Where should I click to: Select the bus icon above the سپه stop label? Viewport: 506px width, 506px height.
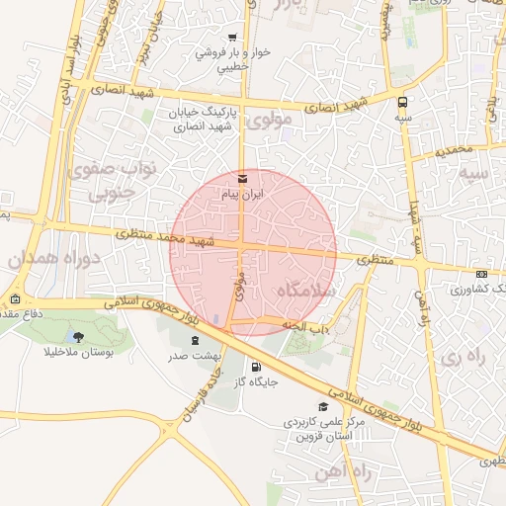401,102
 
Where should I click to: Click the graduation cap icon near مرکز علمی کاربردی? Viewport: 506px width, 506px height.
322,406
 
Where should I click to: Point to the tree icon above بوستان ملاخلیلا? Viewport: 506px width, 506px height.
78,336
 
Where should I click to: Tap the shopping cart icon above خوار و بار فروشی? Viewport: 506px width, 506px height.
232,38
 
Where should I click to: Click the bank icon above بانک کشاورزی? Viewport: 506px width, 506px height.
481,274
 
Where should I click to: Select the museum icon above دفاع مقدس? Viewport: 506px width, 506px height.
15,298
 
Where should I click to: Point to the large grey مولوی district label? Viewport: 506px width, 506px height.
270,121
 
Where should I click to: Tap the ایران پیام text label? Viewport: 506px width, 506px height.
243,196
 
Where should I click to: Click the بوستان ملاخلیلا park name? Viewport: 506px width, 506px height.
79,352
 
